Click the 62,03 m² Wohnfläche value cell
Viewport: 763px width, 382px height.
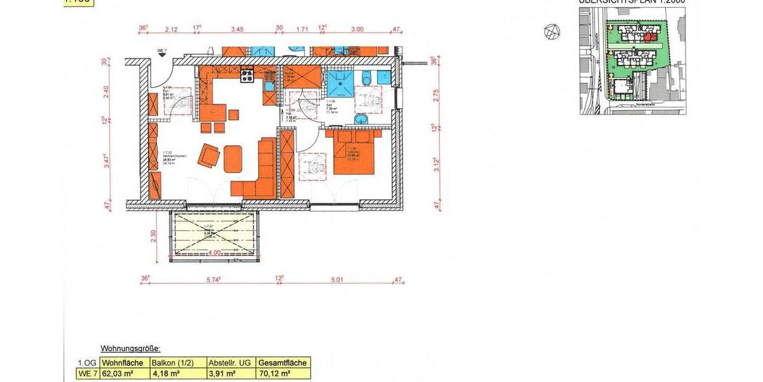[121, 373]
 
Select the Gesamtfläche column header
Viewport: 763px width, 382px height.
[282, 363]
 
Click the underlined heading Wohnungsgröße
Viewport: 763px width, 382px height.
[130, 349]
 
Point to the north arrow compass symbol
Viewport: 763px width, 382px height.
[551, 31]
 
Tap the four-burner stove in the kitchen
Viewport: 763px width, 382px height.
[247, 76]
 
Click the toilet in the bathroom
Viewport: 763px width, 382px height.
[367, 78]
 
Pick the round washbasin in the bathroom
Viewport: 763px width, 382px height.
[361, 118]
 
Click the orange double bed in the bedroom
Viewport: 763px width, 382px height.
[354, 153]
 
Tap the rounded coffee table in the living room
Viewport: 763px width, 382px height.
[233, 159]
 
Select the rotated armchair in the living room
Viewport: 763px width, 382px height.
[209, 156]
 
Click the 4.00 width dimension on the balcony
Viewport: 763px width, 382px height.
[214, 252]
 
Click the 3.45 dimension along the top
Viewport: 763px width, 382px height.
[237, 29]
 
